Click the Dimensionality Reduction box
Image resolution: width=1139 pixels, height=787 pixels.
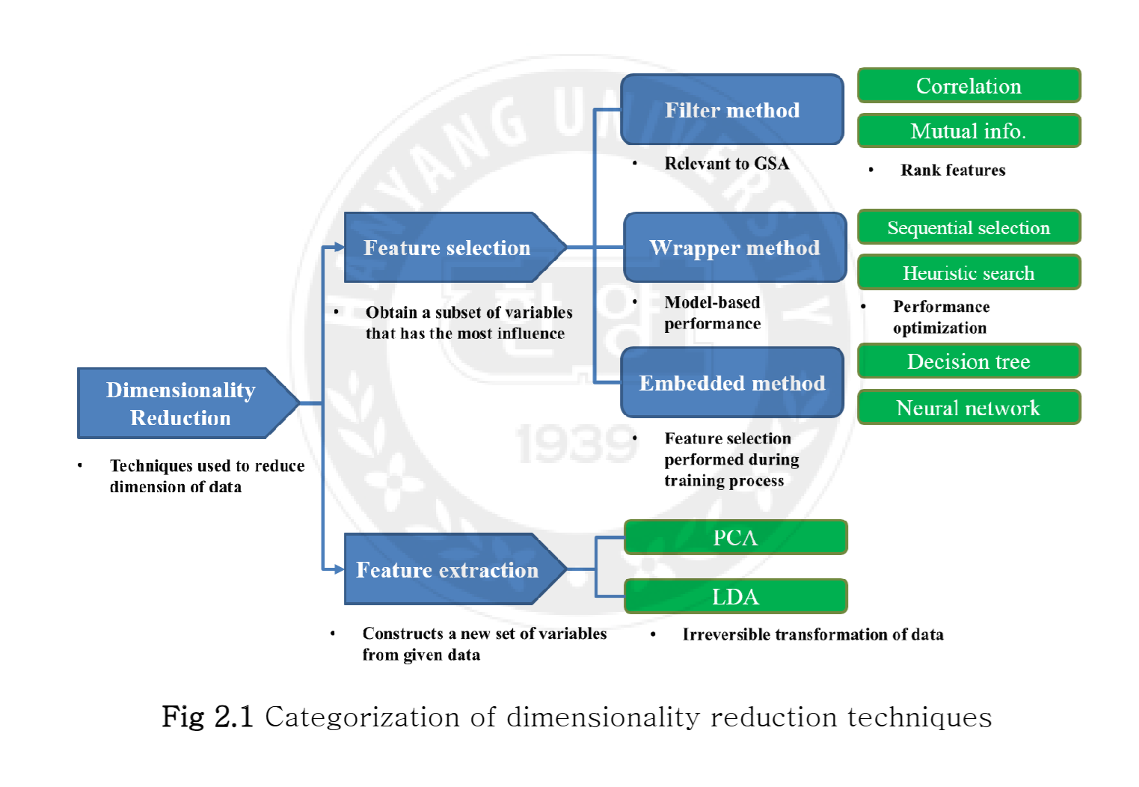pyautogui.click(x=181, y=403)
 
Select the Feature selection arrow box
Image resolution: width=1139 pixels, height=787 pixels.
pyautogui.click(x=447, y=248)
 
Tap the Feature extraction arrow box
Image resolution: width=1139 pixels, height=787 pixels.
pyautogui.click(x=447, y=569)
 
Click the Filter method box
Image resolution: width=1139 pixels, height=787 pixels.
pyautogui.click(x=732, y=110)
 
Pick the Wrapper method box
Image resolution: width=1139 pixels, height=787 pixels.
pyautogui.click(x=734, y=248)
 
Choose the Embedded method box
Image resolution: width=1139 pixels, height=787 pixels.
pyautogui.click(x=732, y=383)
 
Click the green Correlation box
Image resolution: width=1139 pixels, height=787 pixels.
pyautogui.click(x=968, y=86)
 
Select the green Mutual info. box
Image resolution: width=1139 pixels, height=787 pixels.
pyautogui.click(x=968, y=131)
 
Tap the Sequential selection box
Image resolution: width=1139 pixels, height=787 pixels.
pyautogui.click(x=968, y=227)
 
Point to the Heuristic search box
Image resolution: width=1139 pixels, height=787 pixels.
pyautogui.click(x=968, y=273)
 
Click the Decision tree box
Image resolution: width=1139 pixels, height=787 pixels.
pyautogui.click(x=968, y=361)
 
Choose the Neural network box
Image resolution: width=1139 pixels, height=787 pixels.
pyautogui.click(x=968, y=408)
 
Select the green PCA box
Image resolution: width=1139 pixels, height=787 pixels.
pyautogui.click(x=735, y=537)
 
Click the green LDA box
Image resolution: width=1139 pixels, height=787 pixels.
pyautogui.click(x=735, y=597)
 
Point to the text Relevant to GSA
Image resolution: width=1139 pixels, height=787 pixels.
pyautogui.click(x=726, y=163)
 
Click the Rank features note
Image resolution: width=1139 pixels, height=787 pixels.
pyautogui.click(x=953, y=170)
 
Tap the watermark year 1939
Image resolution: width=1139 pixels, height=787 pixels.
pyautogui.click(x=576, y=444)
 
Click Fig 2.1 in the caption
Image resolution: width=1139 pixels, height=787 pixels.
pyautogui.click(x=208, y=717)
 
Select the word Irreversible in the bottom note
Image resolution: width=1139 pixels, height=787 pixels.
pyautogui.click(x=726, y=634)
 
